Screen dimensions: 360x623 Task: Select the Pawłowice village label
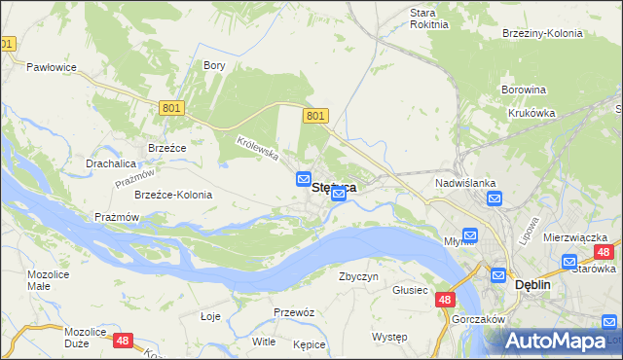[52, 67]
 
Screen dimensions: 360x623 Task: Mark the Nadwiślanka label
[466, 183]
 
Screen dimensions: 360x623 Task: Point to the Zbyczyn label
[357, 276]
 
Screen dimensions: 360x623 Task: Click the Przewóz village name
[293, 312]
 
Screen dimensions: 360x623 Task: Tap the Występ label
[389, 337]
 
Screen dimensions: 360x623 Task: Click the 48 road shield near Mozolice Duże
[123, 340]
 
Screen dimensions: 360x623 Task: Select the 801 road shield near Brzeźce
[171, 109]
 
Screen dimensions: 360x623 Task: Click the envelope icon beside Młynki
[470, 235]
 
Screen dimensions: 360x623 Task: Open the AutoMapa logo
[558, 342]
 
